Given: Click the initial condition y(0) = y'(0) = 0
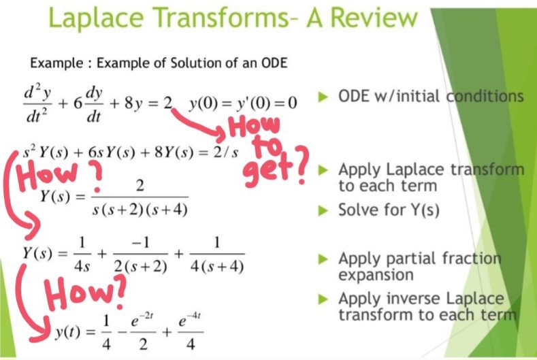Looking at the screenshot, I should click(x=244, y=103).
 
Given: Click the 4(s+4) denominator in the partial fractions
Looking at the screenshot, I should click(x=217, y=267).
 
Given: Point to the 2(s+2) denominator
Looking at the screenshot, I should click(x=140, y=267).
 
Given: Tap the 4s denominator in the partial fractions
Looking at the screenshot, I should click(x=82, y=267).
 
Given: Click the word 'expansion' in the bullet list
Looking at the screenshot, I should click(x=376, y=274).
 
